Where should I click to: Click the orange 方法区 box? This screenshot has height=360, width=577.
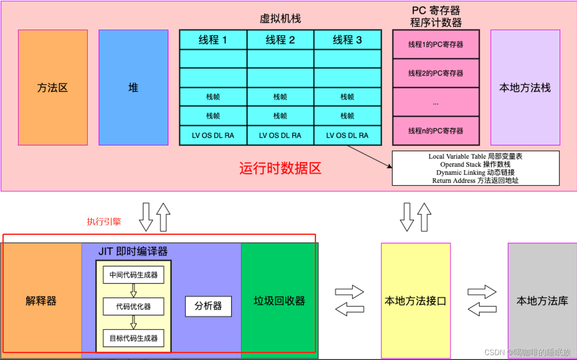[x=53, y=87]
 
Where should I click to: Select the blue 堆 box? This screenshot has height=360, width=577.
[x=133, y=87]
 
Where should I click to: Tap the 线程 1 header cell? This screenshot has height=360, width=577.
[x=213, y=40]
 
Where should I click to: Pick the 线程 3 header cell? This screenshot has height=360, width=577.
[x=347, y=40]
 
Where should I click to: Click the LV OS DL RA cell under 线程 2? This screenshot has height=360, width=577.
[x=280, y=135]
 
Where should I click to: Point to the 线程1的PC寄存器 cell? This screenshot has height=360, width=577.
[x=436, y=44]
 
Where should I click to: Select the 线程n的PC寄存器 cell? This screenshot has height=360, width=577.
[x=436, y=131]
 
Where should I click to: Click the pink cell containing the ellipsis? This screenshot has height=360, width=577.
[x=436, y=102]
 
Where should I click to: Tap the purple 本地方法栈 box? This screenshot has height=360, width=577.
[x=525, y=87]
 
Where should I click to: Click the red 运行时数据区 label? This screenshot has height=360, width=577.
[x=280, y=168]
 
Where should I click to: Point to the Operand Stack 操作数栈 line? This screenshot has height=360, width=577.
[x=475, y=164]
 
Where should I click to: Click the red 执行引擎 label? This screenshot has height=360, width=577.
[x=104, y=221]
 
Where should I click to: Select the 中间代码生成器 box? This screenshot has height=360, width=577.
[x=133, y=275]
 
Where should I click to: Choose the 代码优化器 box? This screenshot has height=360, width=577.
[x=133, y=307]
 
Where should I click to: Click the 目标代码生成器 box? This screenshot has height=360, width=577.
[x=133, y=338]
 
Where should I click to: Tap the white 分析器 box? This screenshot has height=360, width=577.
[x=208, y=306]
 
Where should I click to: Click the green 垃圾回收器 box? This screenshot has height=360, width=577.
[x=279, y=301]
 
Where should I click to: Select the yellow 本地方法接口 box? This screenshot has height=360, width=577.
[x=416, y=301]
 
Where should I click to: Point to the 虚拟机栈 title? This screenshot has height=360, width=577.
[x=280, y=18]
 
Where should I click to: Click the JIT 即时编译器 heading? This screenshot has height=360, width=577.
[x=133, y=251]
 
